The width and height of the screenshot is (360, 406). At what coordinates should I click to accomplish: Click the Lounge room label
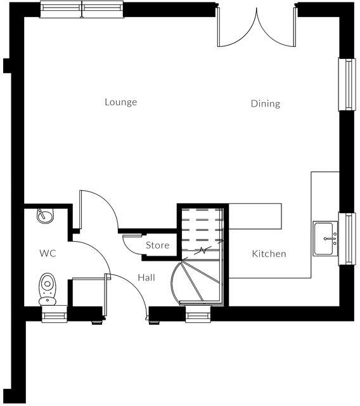point(120,102)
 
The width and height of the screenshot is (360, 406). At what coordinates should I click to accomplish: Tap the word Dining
point(265,103)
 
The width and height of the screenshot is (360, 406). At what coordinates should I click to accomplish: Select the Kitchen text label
point(269,254)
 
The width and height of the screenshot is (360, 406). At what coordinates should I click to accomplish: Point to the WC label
point(48,253)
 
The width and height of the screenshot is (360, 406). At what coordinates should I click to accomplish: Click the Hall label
point(146,278)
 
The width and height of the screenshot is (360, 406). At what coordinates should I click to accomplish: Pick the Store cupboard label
point(157,245)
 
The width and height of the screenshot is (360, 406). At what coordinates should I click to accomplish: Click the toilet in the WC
point(47,288)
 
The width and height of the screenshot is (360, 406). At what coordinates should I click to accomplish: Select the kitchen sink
point(325,239)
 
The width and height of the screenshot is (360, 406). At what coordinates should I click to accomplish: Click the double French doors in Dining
point(256,29)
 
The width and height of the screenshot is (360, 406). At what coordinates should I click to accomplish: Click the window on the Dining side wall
point(347,85)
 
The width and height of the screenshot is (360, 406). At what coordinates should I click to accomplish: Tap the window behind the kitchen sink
point(347,239)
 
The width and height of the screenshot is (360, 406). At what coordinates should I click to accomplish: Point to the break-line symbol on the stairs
point(203,251)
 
